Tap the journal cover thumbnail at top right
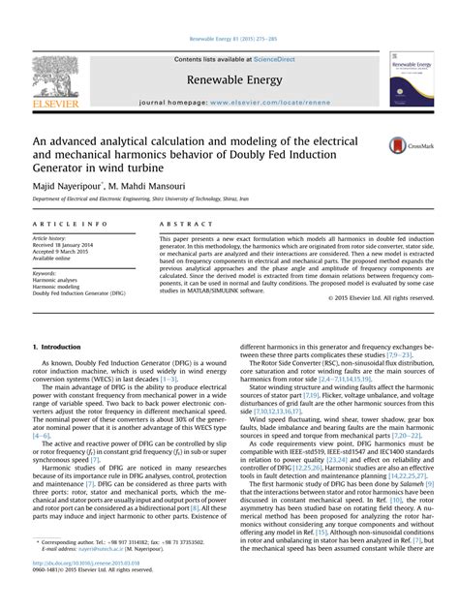pos(411,78)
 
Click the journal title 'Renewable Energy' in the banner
pos(229,79)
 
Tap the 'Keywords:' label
pos(45,273)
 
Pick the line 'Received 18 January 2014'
pos(67,245)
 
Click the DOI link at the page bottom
pos(87,588)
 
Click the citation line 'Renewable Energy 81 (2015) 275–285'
pos(229,41)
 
